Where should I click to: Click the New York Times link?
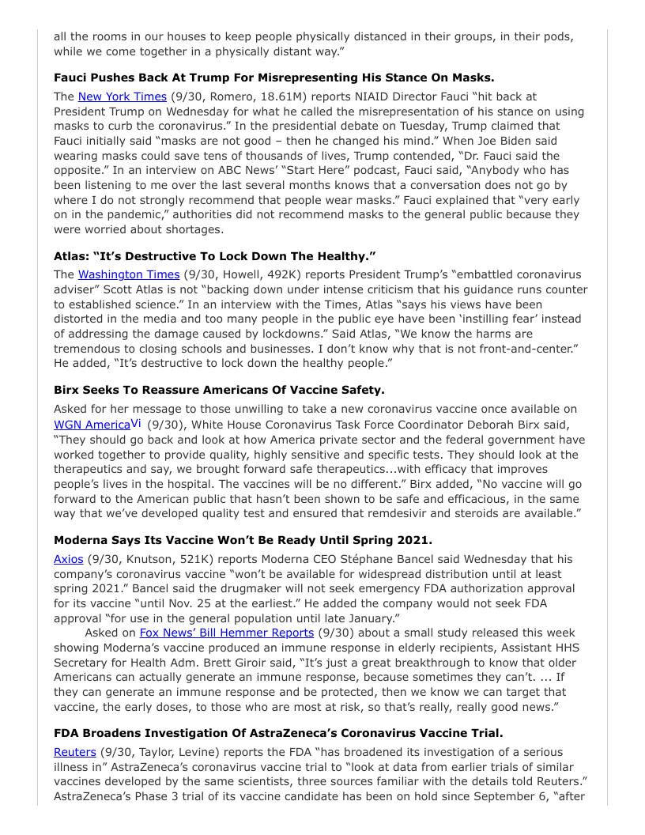[122, 96]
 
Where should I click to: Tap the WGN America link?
[92, 425]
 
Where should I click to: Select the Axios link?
[68, 559]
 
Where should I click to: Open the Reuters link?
[74, 752]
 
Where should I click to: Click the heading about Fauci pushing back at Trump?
[273, 77]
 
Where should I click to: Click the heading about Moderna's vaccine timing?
[243, 540]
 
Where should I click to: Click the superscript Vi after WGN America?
[137, 422]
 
